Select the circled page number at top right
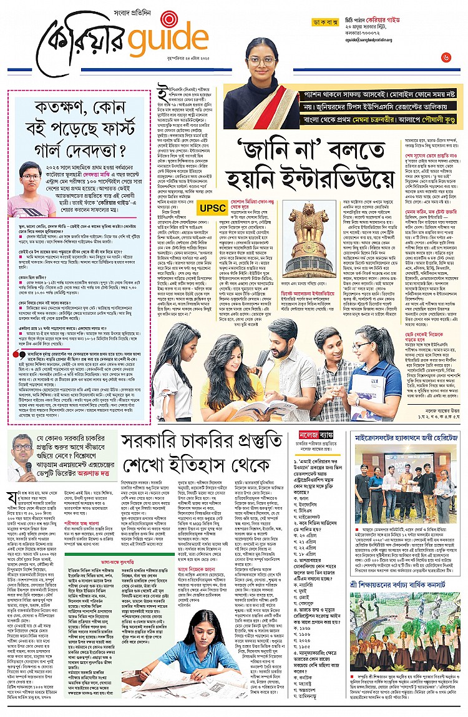click(x=446, y=57)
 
